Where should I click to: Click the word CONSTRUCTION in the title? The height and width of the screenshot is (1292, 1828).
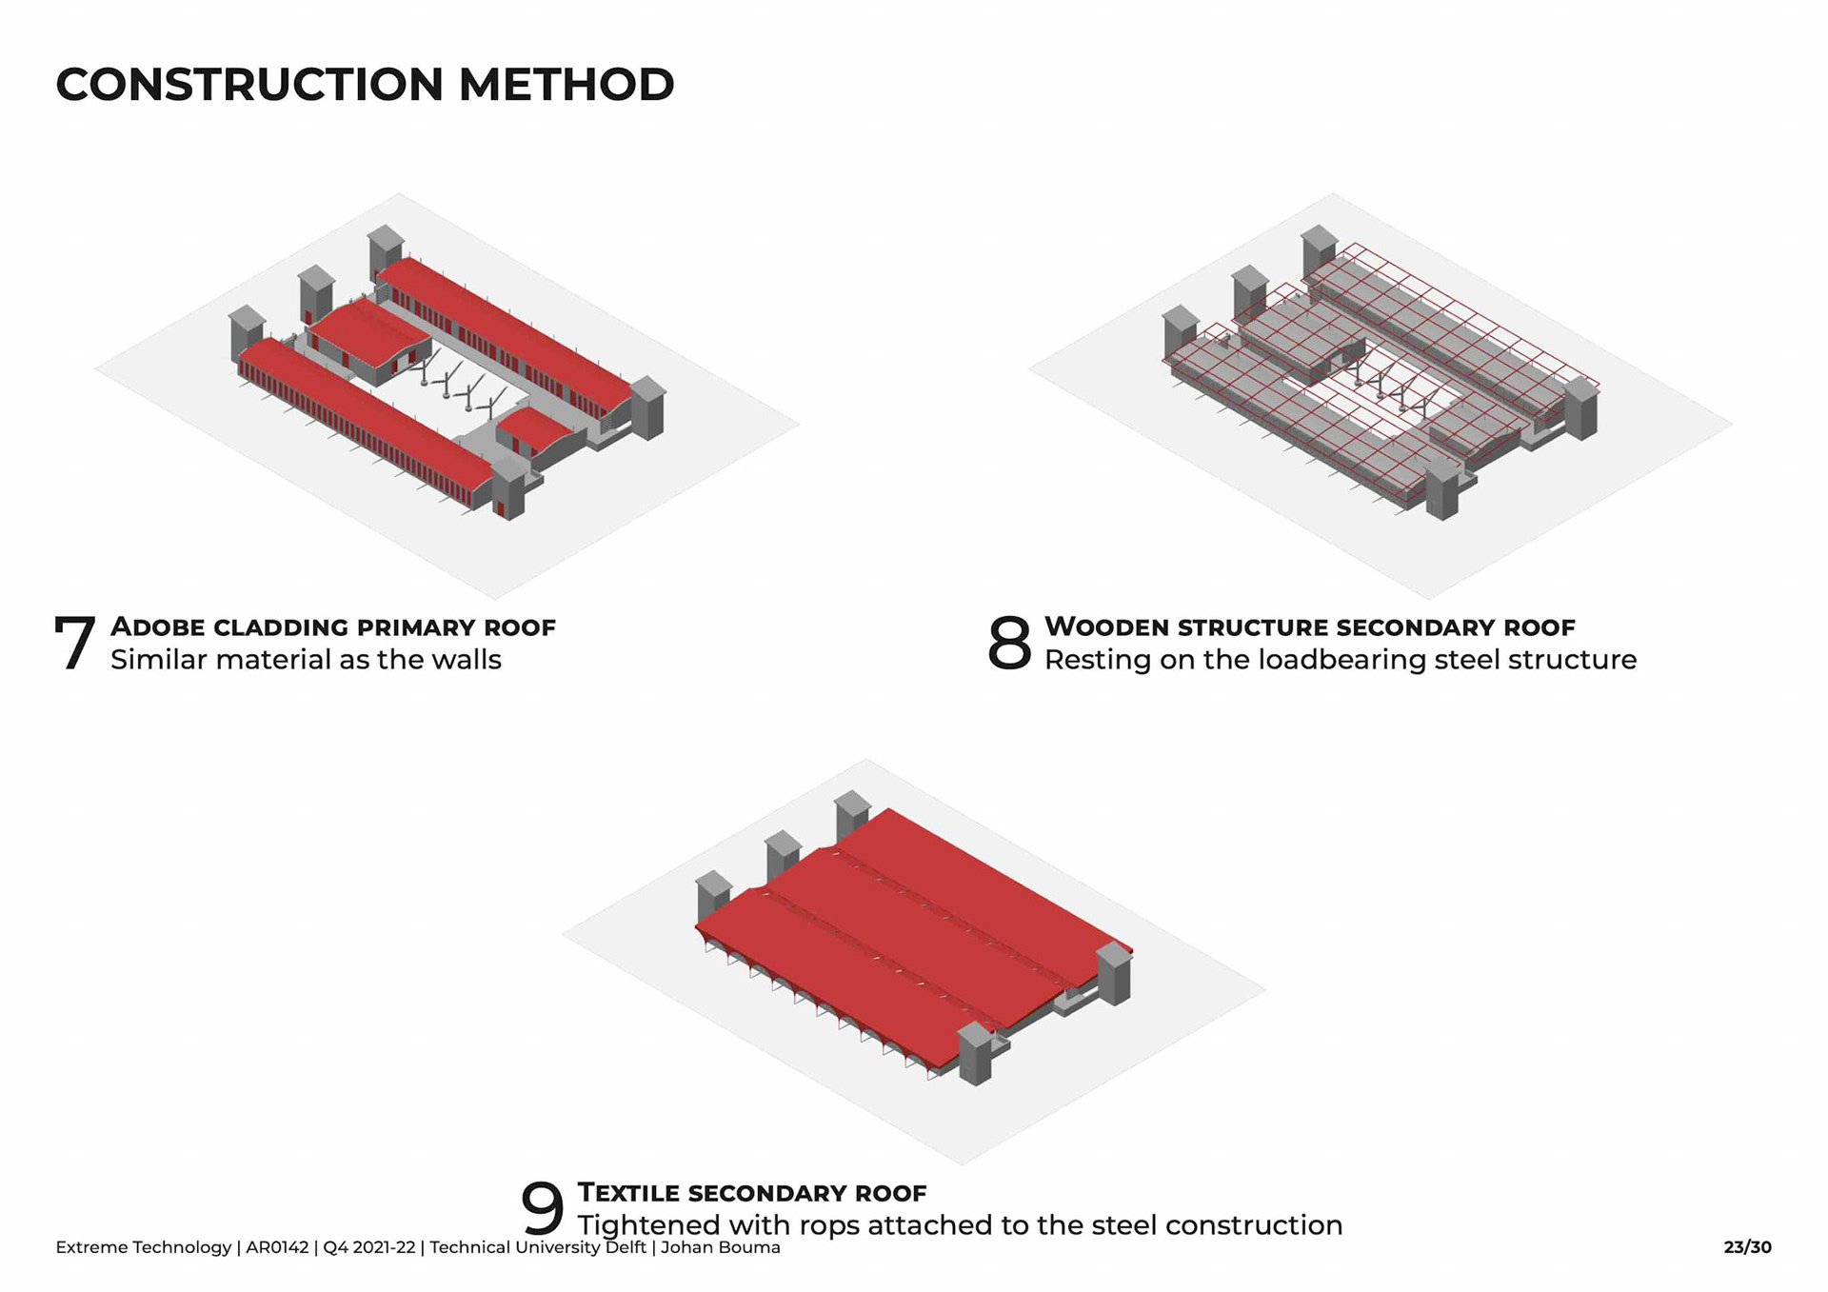pyautogui.click(x=249, y=85)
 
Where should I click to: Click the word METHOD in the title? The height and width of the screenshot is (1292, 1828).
pyautogui.click(x=566, y=85)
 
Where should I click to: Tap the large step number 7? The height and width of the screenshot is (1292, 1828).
pyautogui.click(x=74, y=644)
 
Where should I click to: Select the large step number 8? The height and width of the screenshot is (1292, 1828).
pyautogui.click(x=1009, y=644)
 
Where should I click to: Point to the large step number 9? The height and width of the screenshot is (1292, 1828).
pyautogui.click(x=542, y=1209)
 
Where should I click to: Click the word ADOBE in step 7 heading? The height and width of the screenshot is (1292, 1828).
pyautogui.click(x=158, y=627)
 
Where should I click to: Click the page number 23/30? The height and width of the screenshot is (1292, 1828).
pyautogui.click(x=1747, y=1247)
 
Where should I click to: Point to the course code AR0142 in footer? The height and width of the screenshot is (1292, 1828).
pyautogui.click(x=277, y=1247)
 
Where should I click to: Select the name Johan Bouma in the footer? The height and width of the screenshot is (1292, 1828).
pyautogui.click(x=720, y=1247)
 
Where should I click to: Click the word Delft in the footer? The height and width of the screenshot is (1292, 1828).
pyautogui.click(x=626, y=1247)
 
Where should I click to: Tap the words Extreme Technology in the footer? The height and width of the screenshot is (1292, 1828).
pyautogui.click(x=143, y=1247)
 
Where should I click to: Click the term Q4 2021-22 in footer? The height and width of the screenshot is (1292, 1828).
pyautogui.click(x=369, y=1247)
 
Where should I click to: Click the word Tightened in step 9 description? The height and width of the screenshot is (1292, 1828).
pyautogui.click(x=648, y=1226)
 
